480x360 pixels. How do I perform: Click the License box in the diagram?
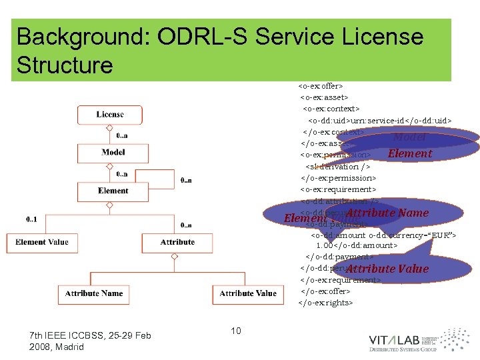[109, 115]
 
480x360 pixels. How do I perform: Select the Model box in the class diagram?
[113, 153]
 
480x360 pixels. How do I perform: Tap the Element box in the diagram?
[113, 191]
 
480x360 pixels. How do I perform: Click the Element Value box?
[41, 242]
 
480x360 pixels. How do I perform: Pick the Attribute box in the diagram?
[177, 242]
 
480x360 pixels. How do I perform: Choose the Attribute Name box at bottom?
[94, 293]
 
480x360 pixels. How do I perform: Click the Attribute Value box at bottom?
[247, 293]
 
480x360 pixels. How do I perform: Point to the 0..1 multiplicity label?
[32, 219]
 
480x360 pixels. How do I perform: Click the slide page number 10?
[235, 331]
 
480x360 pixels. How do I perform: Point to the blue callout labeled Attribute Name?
[387, 213]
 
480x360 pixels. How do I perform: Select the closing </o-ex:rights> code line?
[325, 303]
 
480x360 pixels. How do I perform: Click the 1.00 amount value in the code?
[327, 245]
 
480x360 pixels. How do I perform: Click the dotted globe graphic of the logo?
[455, 339]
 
